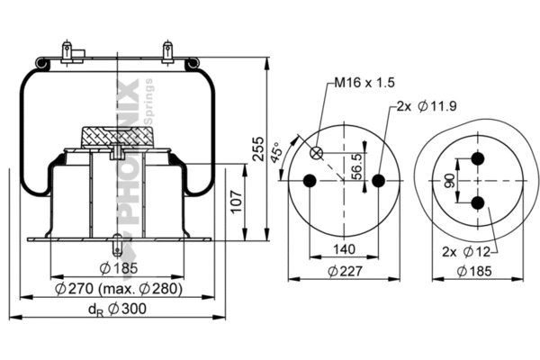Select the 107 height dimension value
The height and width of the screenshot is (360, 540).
coord(235,202)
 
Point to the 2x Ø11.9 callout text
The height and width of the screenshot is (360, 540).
coord(426,105)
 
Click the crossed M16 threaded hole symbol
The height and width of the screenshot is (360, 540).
coord(316,153)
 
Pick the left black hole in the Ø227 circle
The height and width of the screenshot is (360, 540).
coord(310,181)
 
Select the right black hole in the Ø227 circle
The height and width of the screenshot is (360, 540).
coord(378,181)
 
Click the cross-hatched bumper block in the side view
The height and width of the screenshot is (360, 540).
coord(117,134)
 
